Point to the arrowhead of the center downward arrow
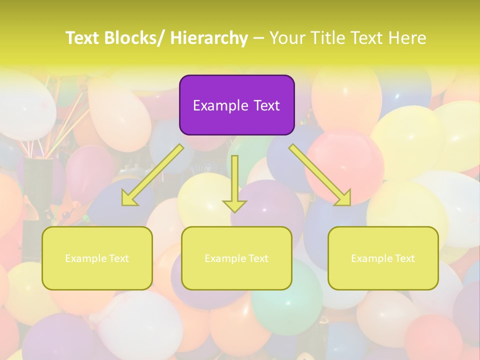point(235,206)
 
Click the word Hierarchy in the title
point(209,38)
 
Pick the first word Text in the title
point(83,38)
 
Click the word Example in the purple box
point(220,105)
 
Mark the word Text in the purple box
point(266,105)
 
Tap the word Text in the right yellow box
point(404,258)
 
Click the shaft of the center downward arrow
point(235,175)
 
